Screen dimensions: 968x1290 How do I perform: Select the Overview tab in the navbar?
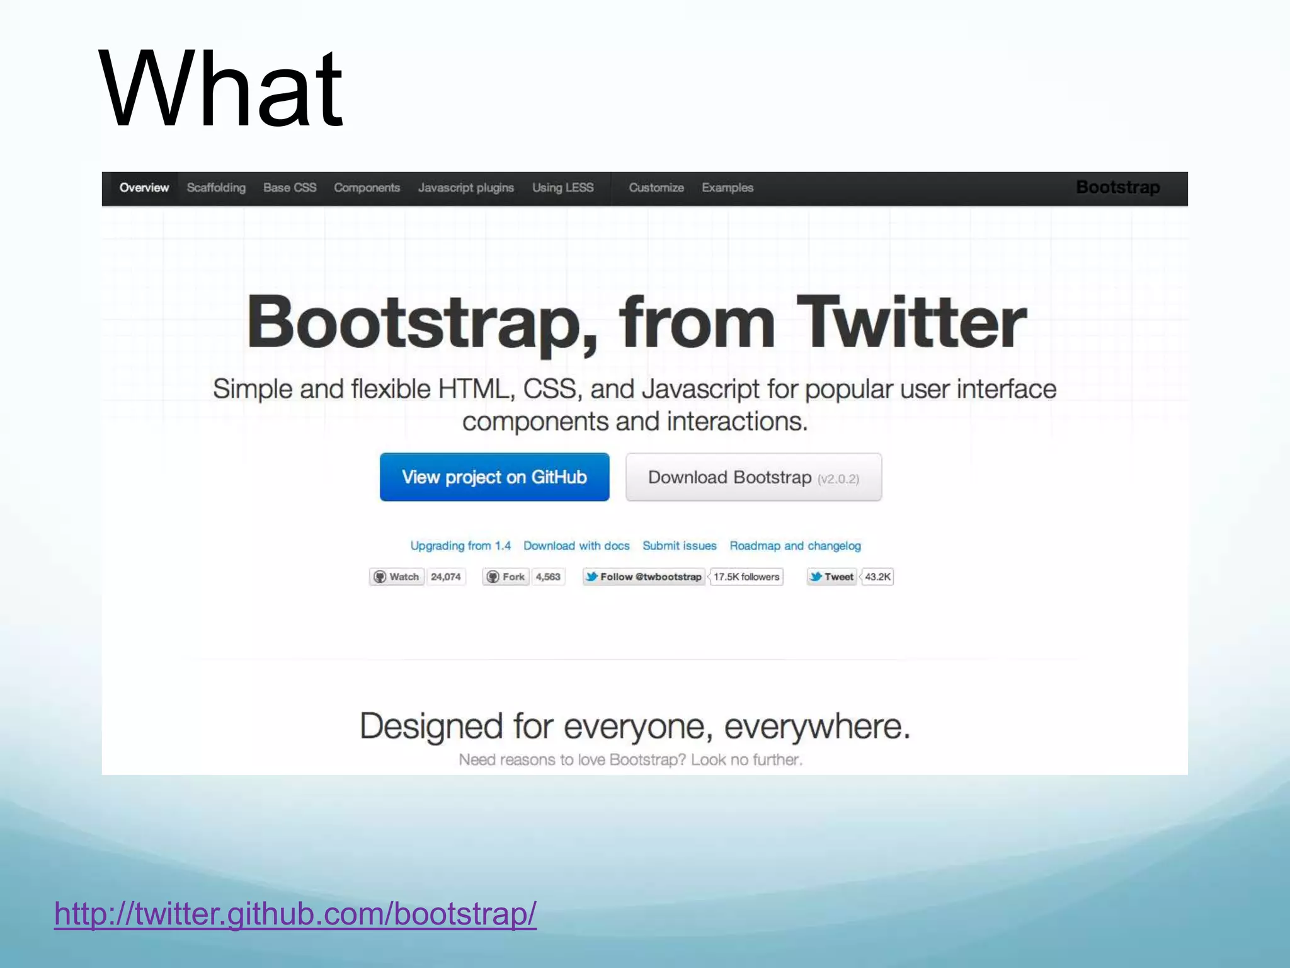144,188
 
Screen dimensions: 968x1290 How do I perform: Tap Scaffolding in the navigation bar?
216,188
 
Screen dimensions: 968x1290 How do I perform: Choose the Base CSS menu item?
290,188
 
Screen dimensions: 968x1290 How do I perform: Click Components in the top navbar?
367,188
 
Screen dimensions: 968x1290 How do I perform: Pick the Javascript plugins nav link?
466,188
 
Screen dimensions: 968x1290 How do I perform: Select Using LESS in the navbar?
562,188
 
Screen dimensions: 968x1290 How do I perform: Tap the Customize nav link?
656,188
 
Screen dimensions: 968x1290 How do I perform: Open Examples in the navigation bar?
728,188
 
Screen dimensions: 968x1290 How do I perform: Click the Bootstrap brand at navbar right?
1117,187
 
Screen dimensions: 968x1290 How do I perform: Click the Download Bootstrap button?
753,477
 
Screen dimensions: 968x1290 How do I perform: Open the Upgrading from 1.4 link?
460,546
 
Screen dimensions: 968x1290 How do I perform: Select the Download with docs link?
576,546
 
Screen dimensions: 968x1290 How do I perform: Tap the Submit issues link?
679,546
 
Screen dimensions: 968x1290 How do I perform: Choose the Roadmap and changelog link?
795,546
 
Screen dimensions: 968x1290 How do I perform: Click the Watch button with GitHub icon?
397,577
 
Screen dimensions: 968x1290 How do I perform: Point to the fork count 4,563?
548,577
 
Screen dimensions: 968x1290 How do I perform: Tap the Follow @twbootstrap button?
643,577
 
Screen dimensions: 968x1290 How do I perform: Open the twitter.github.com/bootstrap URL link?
295,913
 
